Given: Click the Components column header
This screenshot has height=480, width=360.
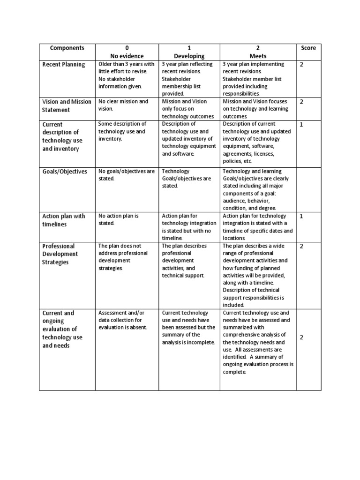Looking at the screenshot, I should (67, 48).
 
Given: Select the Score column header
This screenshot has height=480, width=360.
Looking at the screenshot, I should (308, 48).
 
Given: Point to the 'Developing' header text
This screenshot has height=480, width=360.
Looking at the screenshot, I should (189, 56).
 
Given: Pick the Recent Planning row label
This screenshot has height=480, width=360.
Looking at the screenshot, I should (64, 65).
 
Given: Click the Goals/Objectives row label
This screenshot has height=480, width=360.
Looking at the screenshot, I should (65, 172).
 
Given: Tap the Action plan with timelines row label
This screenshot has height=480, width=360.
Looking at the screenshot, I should (64, 220).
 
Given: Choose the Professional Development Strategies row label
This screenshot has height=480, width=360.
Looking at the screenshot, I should (60, 254).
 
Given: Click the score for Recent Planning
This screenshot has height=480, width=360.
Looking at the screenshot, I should (302, 65).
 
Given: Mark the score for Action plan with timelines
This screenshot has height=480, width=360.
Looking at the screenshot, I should (302, 217).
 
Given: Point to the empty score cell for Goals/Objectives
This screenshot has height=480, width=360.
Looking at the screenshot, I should (308, 189).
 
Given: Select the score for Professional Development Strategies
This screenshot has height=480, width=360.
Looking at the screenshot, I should (302, 247).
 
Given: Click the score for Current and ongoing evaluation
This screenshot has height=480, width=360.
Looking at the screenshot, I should (302, 337).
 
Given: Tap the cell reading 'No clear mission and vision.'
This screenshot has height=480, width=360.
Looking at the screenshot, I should (123, 105).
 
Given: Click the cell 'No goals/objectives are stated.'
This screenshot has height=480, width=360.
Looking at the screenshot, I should (126, 175).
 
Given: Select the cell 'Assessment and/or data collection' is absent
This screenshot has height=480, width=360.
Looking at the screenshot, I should (123, 320).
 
